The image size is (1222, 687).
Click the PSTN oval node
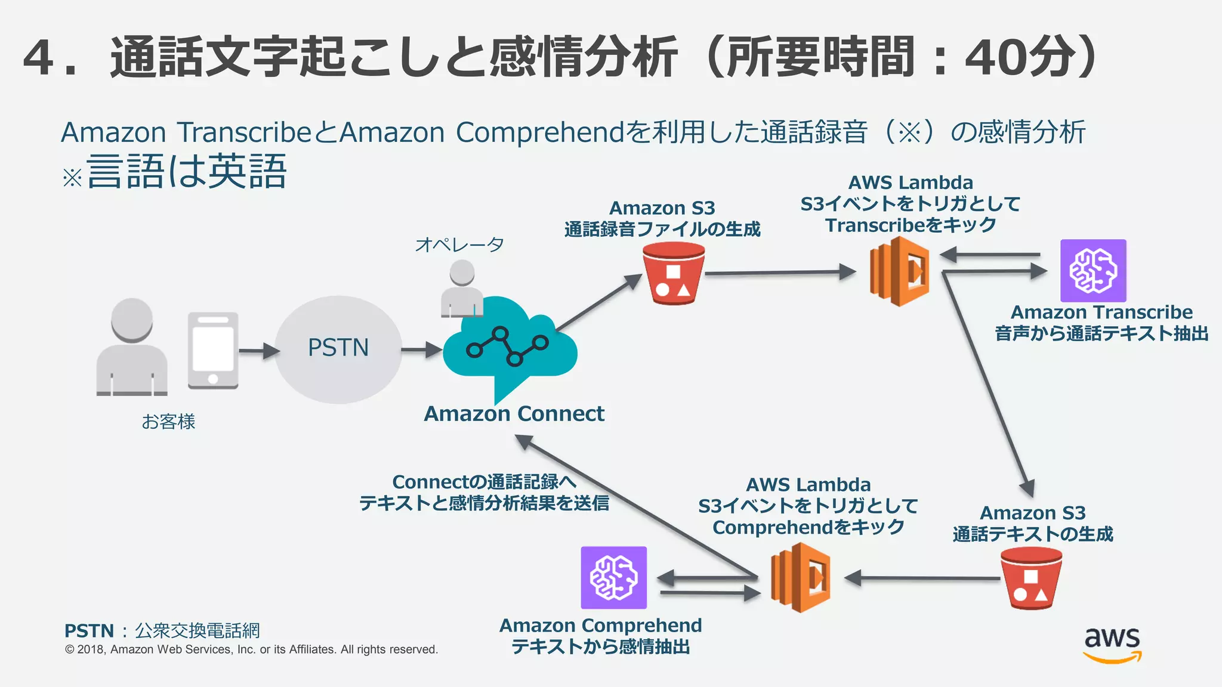(x=338, y=349)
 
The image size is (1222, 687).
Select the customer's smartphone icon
(x=213, y=350)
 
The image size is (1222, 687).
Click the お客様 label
(x=168, y=422)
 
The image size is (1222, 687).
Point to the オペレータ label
(x=459, y=245)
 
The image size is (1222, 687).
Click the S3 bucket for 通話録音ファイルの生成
(x=674, y=274)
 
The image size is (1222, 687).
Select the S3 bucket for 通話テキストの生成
(x=1031, y=578)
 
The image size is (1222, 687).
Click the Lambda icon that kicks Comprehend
(x=800, y=577)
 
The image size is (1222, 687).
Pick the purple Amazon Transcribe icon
(x=1093, y=271)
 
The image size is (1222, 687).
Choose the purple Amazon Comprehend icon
(x=613, y=577)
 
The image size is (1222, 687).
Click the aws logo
(x=1112, y=644)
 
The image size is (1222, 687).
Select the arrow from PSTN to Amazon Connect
(x=421, y=349)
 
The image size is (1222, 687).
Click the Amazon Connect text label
(x=514, y=414)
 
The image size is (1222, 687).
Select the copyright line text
(x=251, y=649)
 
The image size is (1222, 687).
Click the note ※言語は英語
(x=175, y=172)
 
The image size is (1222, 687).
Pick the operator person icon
(x=462, y=289)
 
